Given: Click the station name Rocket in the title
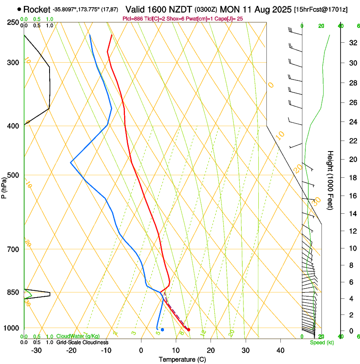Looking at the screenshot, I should pos(37,9).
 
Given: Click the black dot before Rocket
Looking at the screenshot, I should pos(19,9).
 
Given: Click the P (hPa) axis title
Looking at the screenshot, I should pos(4,186).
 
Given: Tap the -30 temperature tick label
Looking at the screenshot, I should pos(36,350).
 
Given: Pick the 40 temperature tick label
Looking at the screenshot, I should pos(280,350).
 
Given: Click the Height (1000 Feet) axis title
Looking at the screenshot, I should pos(331,180).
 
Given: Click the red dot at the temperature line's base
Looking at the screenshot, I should pos(188,330).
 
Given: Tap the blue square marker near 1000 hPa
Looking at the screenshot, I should pos(162,329).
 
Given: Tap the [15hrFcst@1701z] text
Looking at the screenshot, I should pos(321,9).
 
